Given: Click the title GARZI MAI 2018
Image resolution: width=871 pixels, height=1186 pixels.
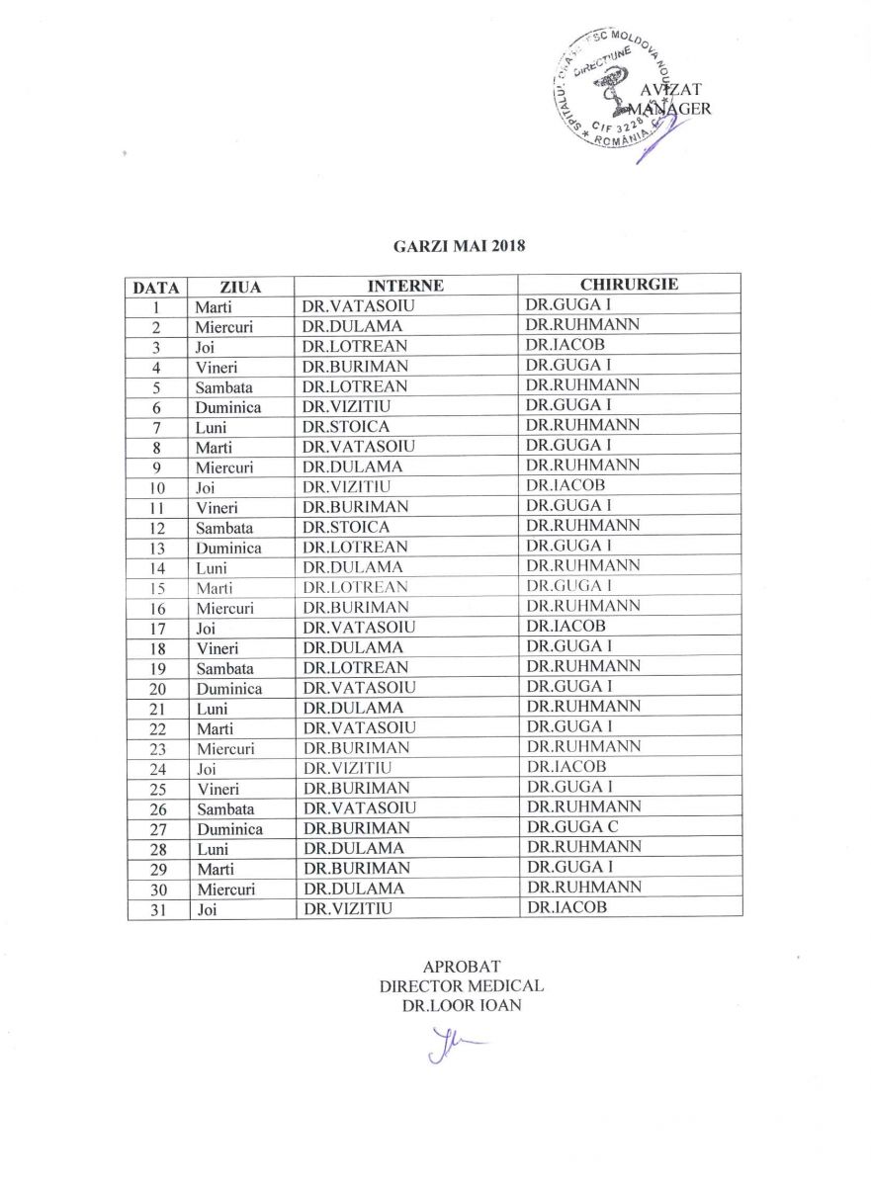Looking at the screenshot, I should coord(459,246).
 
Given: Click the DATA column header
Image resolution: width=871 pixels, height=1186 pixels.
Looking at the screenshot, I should coord(156,288).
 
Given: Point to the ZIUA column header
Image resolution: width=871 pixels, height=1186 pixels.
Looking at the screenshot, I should coord(241,288).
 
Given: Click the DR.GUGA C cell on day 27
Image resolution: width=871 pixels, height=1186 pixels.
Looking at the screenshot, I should coord(572,826).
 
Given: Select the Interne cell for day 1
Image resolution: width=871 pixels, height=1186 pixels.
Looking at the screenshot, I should coord(358,306).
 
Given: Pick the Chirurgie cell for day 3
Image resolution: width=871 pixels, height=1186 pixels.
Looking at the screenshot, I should coord(566,345).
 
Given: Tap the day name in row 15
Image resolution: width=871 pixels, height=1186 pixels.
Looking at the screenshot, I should coord(215,588).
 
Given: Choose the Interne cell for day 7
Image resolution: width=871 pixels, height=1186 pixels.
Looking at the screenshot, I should coord(346,427).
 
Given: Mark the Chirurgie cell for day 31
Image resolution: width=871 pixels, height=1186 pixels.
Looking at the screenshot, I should coord(566,906).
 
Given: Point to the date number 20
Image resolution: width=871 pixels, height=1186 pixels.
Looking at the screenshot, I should coord(156,689).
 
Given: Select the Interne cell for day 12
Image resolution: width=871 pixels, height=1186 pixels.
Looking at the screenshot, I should coord(346,527).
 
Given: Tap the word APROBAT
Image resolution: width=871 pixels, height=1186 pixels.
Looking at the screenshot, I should coord(461,966).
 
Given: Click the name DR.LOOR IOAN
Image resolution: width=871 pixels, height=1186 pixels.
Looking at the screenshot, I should coord(461,1005).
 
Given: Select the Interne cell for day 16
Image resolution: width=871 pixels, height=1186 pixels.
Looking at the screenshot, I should coord(356,608).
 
